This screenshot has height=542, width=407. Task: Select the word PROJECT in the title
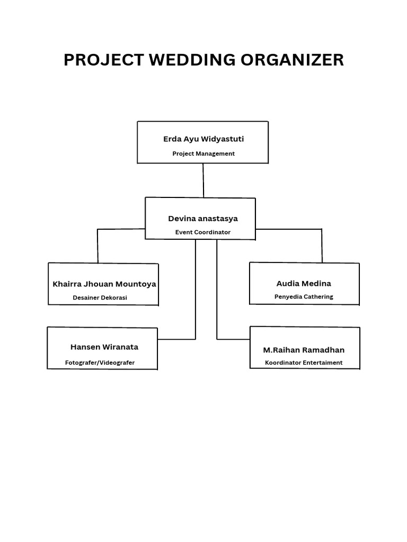pos(104,60)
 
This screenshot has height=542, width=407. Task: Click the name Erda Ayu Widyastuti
pos(203,139)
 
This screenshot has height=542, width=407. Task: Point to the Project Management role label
pos(203,153)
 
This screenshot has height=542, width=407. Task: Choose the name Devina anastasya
pos(203,218)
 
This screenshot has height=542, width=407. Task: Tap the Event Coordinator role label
pos(203,232)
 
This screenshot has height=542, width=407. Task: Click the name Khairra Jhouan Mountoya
pos(104,284)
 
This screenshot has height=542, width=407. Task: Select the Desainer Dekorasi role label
pos(100,297)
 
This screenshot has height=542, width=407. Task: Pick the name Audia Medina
pos(304,283)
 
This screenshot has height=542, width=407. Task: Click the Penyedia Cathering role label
pos(304,296)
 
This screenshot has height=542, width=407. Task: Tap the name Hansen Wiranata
pos(104,347)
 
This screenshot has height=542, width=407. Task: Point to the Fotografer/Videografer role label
pos(100,363)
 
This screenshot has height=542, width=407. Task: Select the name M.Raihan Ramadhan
pos(304,350)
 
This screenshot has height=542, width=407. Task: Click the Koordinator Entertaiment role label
pos(304,363)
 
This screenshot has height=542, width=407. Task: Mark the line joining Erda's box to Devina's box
pos(203,180)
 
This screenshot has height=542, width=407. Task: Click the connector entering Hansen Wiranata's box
pos(176,339)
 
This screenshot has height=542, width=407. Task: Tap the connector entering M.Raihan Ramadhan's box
pos(233,339)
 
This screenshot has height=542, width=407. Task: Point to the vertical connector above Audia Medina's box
pos(321,246)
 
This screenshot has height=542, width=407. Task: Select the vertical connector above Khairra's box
pos(98,246)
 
